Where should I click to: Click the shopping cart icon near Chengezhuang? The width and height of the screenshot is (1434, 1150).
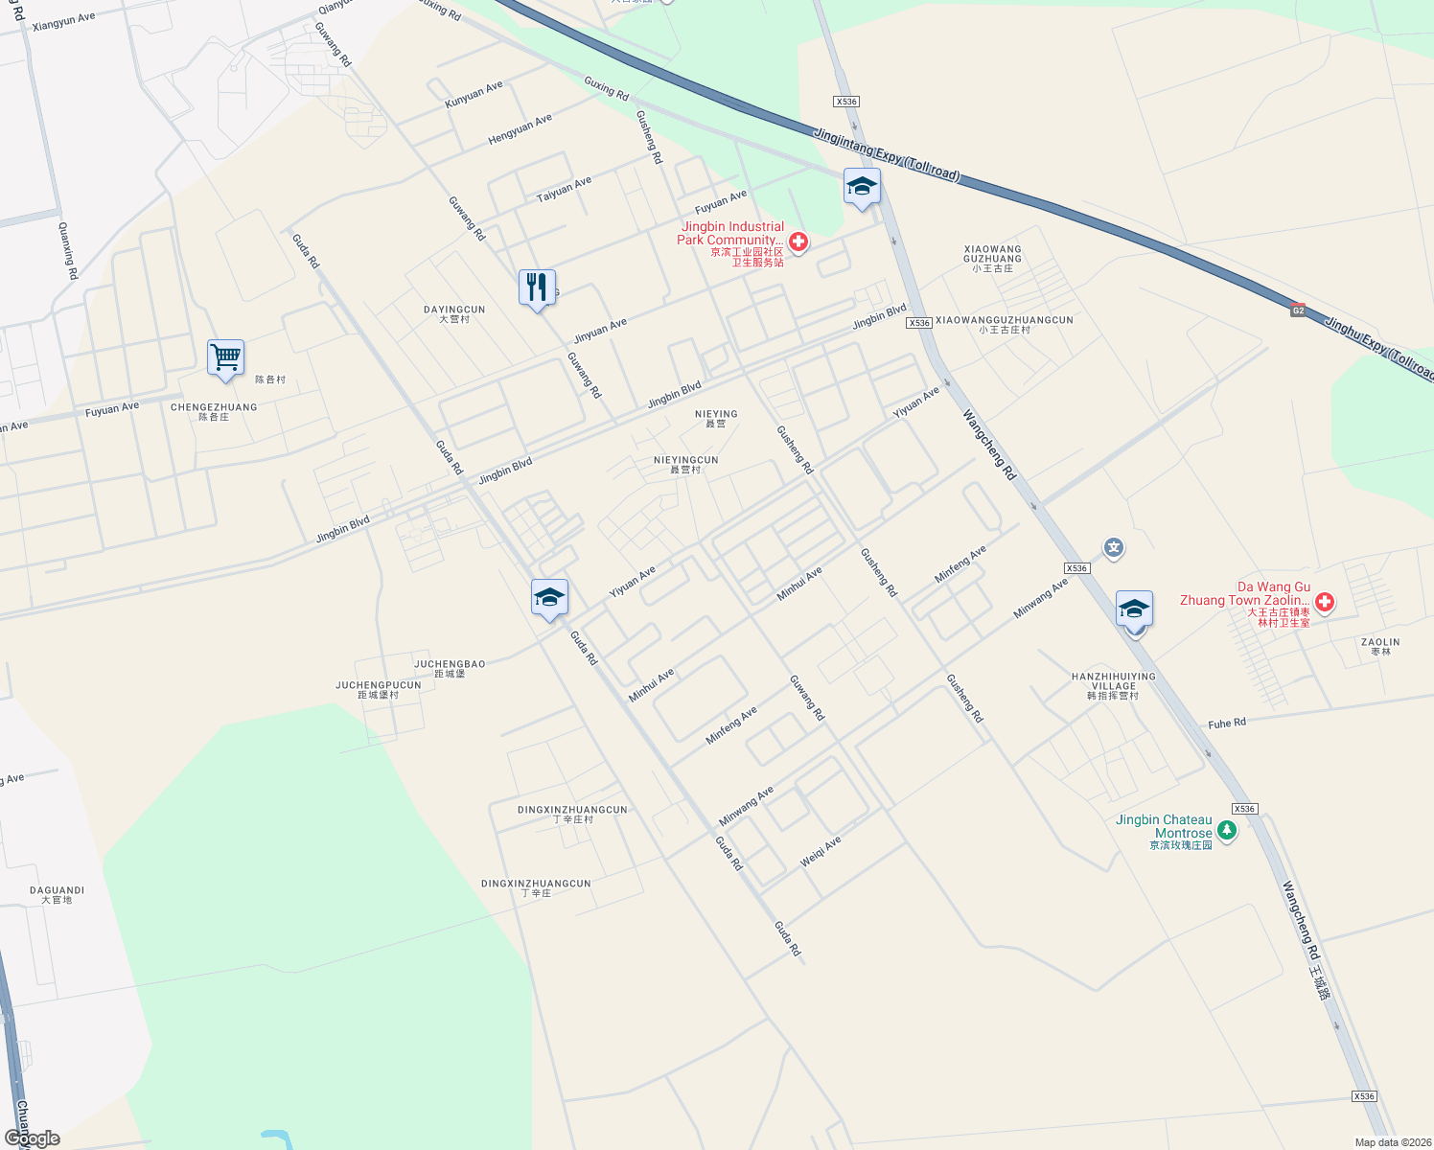(x=226, y=357)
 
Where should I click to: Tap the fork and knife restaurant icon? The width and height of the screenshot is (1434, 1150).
(x=537, y=287)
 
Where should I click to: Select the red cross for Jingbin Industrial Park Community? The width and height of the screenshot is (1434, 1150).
(x=798, y=241)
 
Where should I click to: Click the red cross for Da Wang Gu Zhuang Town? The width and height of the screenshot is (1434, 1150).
(x=1324, y=602)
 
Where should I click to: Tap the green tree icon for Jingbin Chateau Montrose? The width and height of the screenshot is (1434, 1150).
(x=1226, y=832)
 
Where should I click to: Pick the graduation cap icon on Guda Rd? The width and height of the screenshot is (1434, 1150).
(x=549, y=598)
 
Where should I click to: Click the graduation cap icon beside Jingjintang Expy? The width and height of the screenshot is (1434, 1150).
(x=862, y=186)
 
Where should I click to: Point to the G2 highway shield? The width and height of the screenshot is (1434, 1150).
(x=1298, y=310)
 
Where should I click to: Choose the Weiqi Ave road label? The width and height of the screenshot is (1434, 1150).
(x=821, y=851)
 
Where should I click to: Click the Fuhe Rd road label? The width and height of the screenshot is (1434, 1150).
(x=1227, y=723)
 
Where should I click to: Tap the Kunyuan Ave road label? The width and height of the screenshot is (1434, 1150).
(x=474, y=94)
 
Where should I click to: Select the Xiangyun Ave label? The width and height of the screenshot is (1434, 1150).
(x=63, y=21)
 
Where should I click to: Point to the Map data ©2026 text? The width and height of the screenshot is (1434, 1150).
(x=1392, y=1142)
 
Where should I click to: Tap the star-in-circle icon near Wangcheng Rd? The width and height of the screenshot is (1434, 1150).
(x=1113, y=548)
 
